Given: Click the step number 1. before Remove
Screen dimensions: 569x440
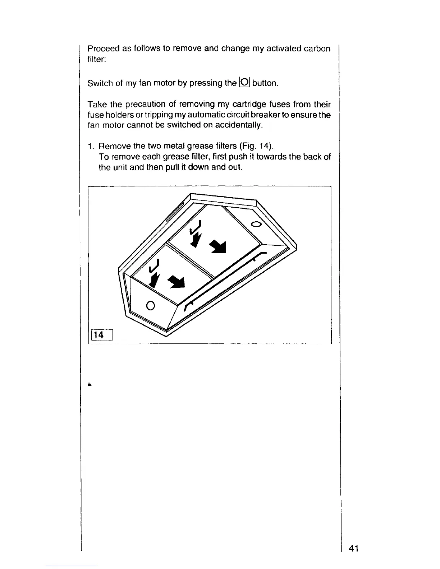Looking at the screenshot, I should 91,147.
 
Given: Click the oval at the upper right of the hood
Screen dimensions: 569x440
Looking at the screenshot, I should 256,225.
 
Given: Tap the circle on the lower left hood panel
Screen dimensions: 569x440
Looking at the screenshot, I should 151,305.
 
